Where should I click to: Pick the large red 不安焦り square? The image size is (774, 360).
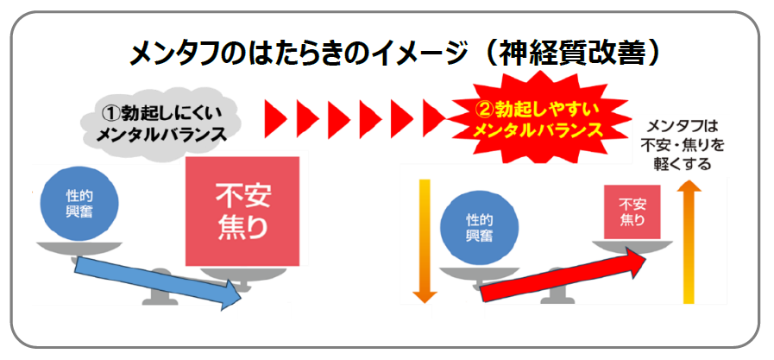pyautogui.click(x=242, y=211)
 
